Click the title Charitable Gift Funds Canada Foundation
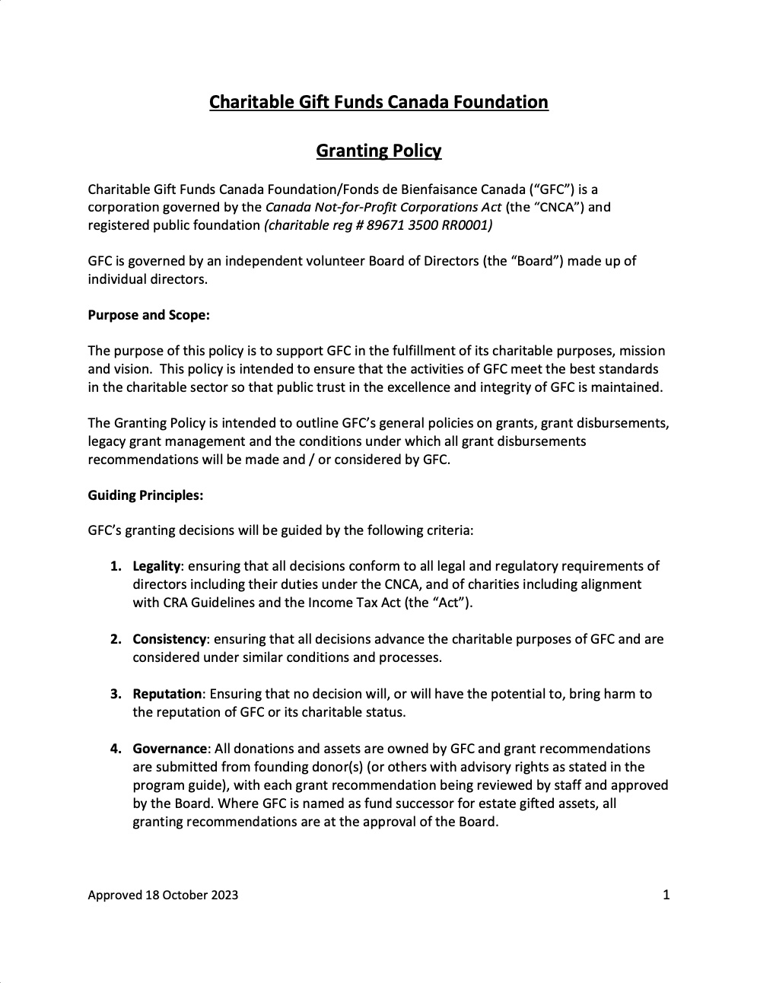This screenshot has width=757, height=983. (378, 102)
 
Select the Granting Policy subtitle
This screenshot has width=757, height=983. (378, 151)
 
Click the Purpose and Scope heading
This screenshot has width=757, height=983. (148, 315)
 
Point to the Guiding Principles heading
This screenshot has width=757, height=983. (145, 495)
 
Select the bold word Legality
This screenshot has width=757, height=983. (156, 566)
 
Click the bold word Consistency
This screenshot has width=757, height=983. (169, 639)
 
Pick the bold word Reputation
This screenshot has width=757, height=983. (167, 694)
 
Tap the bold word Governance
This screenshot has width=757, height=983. (170, 749)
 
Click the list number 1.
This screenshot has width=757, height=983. (115, 566)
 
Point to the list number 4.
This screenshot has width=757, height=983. (115, 749)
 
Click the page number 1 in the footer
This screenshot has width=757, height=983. (666, 895)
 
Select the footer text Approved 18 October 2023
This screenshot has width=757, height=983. (163, 895)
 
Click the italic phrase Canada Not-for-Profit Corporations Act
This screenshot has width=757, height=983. (383, 207)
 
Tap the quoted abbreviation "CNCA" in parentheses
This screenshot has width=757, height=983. (557, 207)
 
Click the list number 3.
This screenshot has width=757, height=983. (115, 694)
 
